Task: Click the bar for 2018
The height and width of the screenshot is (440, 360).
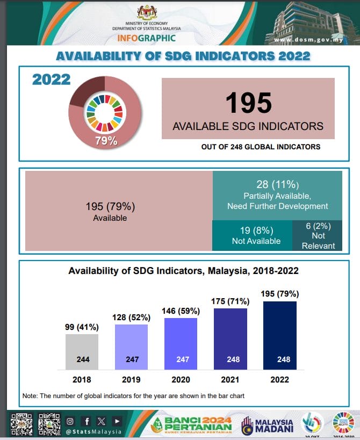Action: (82, 351)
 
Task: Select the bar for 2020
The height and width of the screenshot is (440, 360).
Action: (181, 344)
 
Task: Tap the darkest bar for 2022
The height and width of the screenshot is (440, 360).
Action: (280, 335)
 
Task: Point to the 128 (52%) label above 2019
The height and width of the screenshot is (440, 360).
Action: (131, 317)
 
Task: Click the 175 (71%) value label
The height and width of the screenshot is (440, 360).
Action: (231, 301)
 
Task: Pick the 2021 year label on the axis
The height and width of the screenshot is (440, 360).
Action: (231, 379)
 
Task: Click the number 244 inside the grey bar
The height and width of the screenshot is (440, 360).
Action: (82, 359)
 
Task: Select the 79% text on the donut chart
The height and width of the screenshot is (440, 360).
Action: (106, 141)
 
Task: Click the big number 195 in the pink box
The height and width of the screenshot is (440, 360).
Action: (248, 103)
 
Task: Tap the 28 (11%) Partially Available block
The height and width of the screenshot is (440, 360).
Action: (277, 196)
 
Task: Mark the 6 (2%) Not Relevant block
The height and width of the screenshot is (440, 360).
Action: (318, 236)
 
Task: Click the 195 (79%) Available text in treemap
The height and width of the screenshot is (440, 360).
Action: (110, 211)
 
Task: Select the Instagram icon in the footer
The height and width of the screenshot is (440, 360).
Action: (70, 421)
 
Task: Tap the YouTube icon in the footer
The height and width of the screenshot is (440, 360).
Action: (117, 421)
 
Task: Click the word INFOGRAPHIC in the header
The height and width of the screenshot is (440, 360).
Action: (147, 38)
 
